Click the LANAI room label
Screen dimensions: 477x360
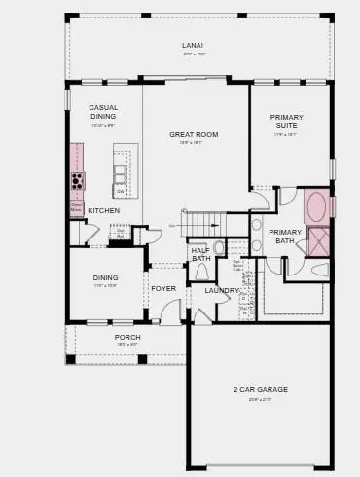pyautogui.click(x=192, y=46)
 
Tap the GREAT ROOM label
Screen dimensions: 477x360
pyautogui.click(x=194, y=135)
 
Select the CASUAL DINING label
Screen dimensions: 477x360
pyautogui.click(x=103, y=111)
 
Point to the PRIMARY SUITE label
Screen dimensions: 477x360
pyautogui.click(x=287, y=121)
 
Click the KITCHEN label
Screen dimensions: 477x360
pyautogui.click(x=104, y=210)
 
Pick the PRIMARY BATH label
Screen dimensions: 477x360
pyautogui.click(x=286, y=236)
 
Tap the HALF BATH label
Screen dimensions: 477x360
pyautogui.click(x=200, y=254)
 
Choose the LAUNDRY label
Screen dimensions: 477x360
pyautogui.click(x=222, y=290)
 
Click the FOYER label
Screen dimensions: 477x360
pyautogui.click(x=163, y=288)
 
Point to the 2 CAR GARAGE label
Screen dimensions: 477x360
pyautogui.click(x=260, y=389)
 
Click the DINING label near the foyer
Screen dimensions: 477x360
pyautogui.click(x=105, y=277)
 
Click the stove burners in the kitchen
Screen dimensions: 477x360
pyautogui.click(x=77, y=180)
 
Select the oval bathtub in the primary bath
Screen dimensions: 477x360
pyautogui.click(x=316, y=206)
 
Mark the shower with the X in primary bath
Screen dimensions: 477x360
pyautogui.click(x=318, y=241)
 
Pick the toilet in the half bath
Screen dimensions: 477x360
pyautogui.click(x=217, y=248)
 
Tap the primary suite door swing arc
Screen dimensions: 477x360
pyautogui.click(x=258, y=200)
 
